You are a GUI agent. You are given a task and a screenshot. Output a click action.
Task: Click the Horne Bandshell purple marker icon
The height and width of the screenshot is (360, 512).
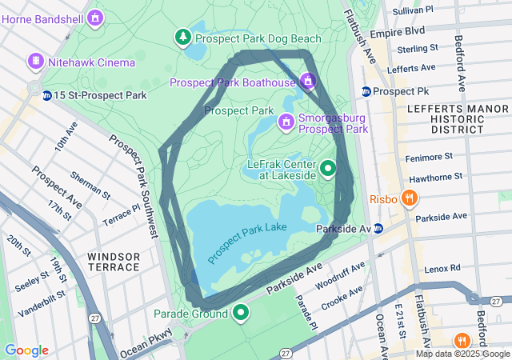pos(95,16)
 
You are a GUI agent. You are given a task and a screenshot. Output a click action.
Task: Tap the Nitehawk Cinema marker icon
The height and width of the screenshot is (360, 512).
pos(35,62)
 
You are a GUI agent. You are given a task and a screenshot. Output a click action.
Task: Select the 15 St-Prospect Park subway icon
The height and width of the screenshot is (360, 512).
pos(47,95)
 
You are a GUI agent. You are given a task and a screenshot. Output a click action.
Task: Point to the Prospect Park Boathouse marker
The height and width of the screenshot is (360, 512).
pos(307,81)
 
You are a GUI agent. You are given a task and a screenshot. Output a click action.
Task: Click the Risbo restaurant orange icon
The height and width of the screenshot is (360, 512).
pos(409,198)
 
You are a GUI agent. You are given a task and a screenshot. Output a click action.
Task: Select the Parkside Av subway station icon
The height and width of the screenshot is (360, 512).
pos(378,229)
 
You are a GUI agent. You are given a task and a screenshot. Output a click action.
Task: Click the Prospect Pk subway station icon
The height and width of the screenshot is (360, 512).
pos(366,91)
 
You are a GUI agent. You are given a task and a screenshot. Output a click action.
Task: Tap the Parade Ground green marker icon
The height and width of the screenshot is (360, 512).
pos(241,313)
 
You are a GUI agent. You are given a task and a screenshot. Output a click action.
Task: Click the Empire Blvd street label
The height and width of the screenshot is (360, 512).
pos(403,32)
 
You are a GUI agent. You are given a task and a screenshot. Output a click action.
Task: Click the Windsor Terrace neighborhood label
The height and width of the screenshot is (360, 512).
pos(114,262)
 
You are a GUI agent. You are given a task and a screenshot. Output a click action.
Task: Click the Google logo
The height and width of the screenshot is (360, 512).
pos(26,350)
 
